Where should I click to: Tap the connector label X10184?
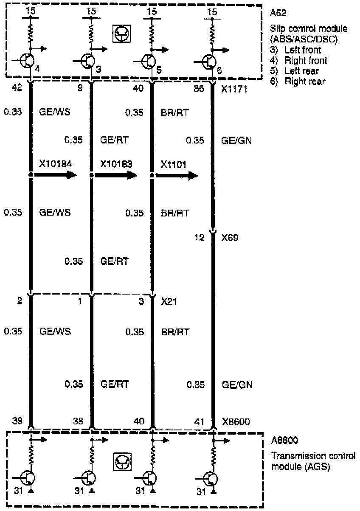point(56,164)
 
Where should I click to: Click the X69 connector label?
point(230,238)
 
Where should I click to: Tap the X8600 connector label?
point(236,421)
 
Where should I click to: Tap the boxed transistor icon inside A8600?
point(122,462)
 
